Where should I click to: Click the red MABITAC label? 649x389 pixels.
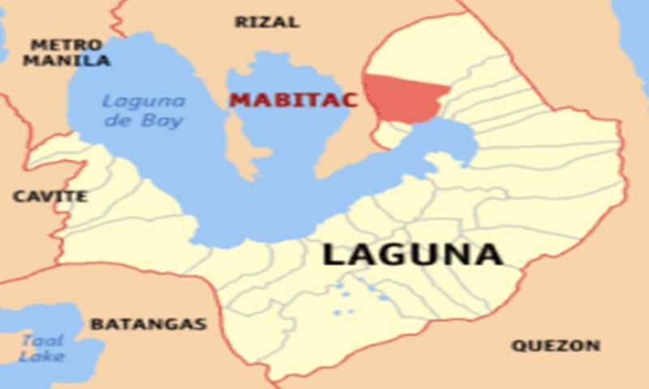click(282, 100)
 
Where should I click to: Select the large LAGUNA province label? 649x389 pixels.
click(412, 254)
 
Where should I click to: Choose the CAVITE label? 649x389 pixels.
click(50, 196)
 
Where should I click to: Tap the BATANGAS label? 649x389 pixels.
click(148, 324)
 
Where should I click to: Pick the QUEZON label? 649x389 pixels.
click(556, 346)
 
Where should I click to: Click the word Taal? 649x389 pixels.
click(42, 340)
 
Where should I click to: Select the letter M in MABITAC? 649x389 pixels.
click(238, 100)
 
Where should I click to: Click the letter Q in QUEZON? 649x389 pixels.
click(518, 346)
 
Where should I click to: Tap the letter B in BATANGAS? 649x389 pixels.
click(96, 324)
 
